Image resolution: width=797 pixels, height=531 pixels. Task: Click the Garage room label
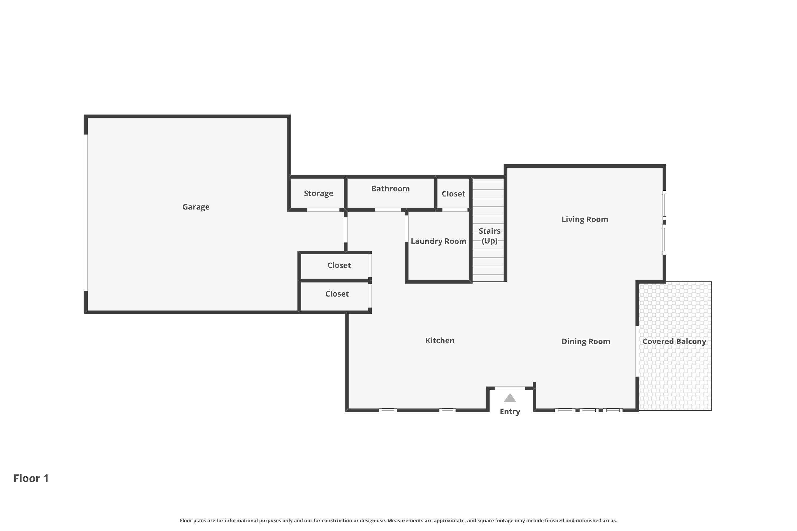point(196,207)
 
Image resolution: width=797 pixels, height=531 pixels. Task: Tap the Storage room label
point(318,193)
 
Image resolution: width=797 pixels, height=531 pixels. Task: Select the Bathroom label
point(390,189)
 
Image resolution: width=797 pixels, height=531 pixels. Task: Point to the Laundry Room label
point(438,241)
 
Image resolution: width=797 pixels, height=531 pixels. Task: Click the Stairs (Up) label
point(489,236)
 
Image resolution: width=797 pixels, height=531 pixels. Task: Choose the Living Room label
point(584,220)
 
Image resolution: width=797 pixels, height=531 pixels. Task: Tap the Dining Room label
point(586,341)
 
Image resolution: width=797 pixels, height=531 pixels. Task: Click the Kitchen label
point(439,341)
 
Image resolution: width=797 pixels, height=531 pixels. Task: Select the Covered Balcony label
point(674,341)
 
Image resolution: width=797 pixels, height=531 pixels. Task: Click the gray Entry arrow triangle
point(510,398)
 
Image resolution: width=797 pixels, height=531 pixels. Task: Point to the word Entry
point(510,412)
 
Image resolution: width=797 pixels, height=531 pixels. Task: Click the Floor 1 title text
point(31,478)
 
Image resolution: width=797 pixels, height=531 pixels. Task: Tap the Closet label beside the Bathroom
point(453,194)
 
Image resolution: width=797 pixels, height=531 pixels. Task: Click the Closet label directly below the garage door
point(339,265)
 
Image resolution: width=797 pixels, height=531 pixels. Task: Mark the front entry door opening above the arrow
point(510,388)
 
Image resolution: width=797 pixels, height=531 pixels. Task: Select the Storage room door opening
point(323,210)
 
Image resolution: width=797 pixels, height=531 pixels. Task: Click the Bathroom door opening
point(387,210)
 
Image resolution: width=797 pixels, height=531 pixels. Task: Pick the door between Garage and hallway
point(346,230)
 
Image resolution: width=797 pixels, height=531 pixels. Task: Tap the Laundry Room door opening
point(406,228)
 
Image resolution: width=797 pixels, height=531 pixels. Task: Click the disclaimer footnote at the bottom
point(398,520)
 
